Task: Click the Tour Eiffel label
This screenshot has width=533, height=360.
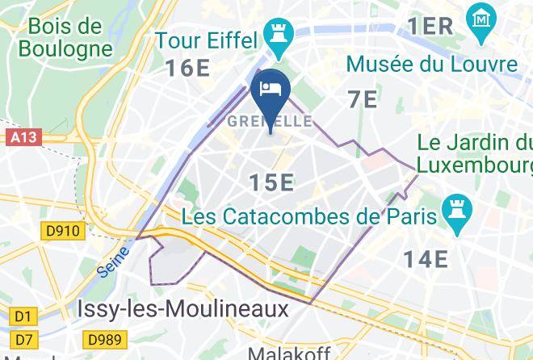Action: (206, 40)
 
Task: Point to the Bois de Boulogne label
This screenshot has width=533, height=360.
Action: (64, 37)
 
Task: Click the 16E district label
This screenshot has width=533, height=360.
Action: (188, 68)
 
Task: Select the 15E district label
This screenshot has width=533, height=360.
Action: (271, 183)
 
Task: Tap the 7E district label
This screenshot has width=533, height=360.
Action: (363, 99)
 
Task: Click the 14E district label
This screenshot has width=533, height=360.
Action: (425, 258)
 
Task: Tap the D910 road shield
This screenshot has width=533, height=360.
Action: (62, 232)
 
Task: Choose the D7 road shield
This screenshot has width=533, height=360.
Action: (23, 340)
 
